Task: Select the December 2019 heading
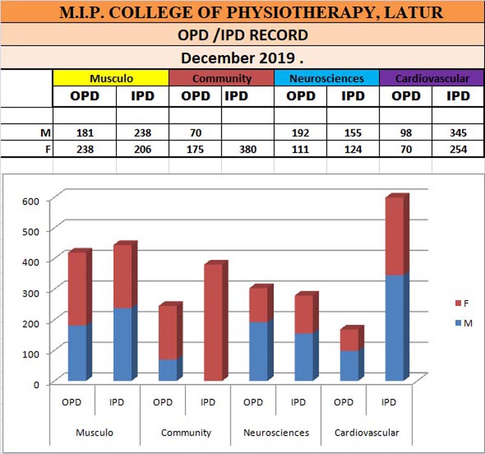242,58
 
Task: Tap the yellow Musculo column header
110,78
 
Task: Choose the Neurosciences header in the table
327,78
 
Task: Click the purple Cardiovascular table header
432,78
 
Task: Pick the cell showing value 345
458,133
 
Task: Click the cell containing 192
301,133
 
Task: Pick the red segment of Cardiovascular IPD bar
394,237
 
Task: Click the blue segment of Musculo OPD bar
77,352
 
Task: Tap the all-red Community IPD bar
213,322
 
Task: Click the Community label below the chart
186,433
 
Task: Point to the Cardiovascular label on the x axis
367,433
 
